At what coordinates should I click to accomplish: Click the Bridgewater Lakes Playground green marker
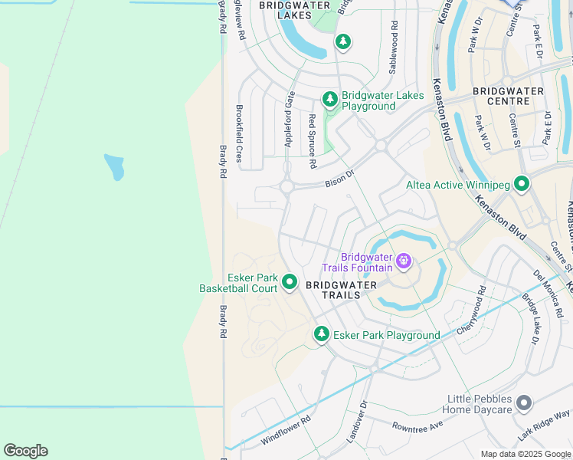[330, 99]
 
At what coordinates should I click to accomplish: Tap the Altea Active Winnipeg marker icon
[522, 184]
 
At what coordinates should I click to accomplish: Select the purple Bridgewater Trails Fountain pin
[404, 262]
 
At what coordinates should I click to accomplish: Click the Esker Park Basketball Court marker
[290, 282]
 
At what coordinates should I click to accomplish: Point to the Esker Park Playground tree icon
[322, 334]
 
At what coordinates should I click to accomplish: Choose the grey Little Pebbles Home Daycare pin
[524, 402]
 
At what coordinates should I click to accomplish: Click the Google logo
[25, 450]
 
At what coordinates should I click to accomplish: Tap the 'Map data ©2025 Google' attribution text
[526, 454]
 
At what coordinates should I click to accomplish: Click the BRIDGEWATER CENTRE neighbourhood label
[508, 96]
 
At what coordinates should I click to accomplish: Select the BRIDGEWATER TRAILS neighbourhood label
[341, 290]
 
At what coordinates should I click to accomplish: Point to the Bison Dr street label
[341, 178]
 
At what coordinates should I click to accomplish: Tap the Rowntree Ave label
[417, 426]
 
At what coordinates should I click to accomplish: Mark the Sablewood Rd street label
[394, 47]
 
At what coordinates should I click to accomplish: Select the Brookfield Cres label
[239, 133]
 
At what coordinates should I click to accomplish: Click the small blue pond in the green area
[114, 166]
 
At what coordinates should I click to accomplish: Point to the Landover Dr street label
[356, 422]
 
